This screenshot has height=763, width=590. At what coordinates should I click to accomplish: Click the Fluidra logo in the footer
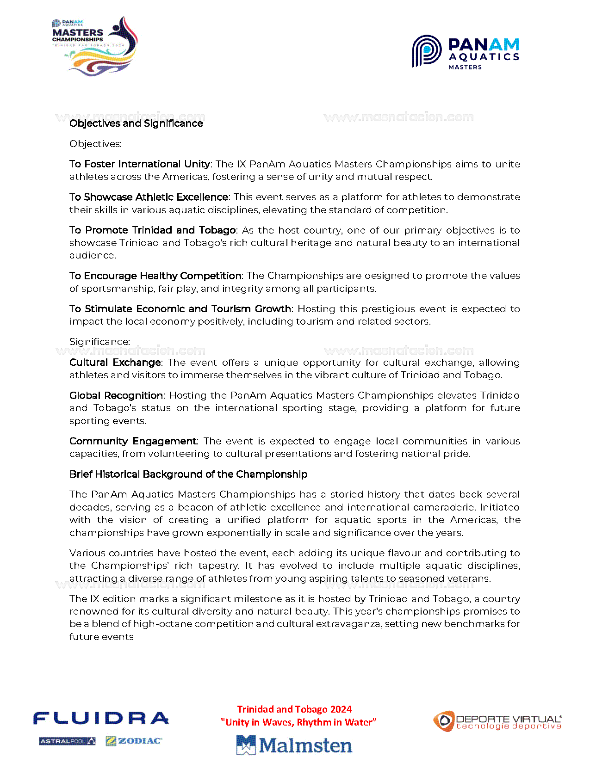coord(101,718)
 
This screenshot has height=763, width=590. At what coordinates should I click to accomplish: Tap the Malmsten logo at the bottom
coord(294,745)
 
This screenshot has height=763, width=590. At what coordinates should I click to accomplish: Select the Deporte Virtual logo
coord(497,721)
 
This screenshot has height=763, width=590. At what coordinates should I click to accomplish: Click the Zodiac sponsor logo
coord(134,741)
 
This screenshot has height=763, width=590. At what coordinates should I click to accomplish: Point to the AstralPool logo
coord(68,741)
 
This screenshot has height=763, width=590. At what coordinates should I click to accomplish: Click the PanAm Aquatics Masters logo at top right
coord(466,52)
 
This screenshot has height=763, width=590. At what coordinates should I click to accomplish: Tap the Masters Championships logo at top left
coord(95,46)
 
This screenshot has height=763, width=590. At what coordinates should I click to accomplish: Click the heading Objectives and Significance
coord(136,123)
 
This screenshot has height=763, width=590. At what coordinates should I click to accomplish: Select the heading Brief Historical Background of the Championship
coord(188,474)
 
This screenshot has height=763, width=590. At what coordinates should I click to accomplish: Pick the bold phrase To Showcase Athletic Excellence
coord(149,197)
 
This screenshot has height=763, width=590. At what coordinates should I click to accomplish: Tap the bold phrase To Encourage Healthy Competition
coord(155,276)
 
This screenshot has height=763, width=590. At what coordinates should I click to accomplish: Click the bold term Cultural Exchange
coord(115,363)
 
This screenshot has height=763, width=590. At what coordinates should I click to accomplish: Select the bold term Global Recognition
coord(116,396)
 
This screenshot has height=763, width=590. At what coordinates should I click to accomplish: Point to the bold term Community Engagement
coord(133,441)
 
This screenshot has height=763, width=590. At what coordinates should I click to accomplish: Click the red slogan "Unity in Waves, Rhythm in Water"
coord(298,722)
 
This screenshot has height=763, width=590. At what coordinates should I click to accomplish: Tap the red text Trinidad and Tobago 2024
coord(294,709)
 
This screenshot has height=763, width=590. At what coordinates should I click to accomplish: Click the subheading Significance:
coord(99,342)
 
